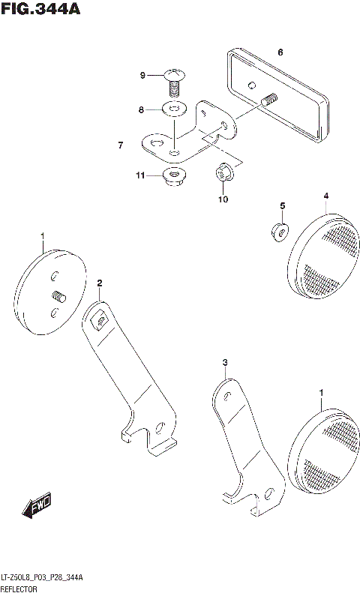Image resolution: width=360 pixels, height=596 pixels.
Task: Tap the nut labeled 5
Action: (278, 231)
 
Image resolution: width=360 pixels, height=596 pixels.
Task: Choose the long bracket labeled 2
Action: (131, 375)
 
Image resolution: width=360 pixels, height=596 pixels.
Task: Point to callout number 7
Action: (119, 145)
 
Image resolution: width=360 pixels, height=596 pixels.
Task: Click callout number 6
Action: (280, 52)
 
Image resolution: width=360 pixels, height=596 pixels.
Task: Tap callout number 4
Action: (326, 196)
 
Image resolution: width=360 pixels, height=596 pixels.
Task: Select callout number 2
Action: (98, 283)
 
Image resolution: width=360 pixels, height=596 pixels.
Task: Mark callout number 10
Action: (223, 199)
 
